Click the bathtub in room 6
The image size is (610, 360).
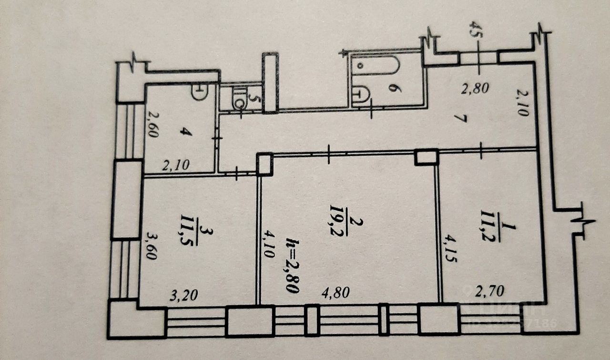tap(376, 66)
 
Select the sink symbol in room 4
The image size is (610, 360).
tap(199, 92)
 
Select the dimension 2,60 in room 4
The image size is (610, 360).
tap(152, 124)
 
